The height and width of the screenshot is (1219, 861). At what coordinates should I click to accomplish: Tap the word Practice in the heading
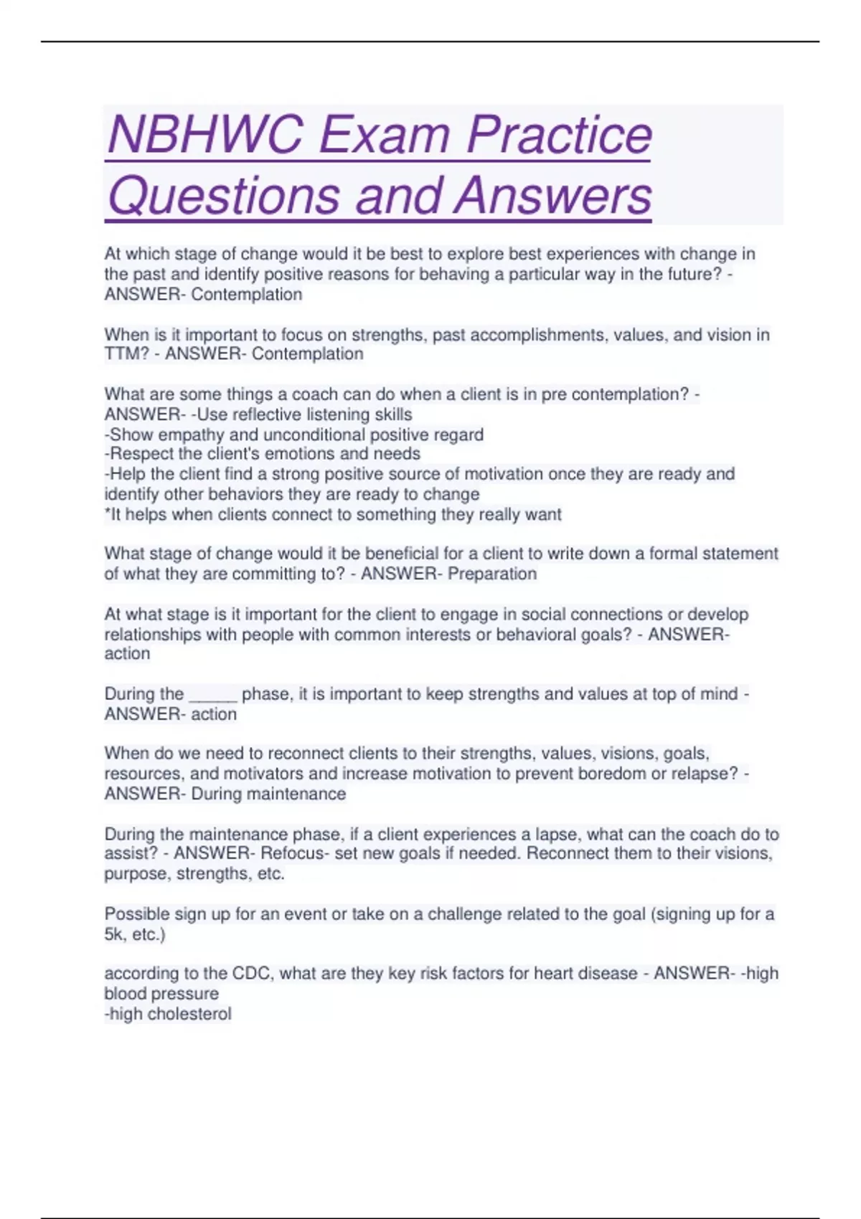pos(559,134)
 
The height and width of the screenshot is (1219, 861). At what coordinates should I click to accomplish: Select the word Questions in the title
pos(223,195)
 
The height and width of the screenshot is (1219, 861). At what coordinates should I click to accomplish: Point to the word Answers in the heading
pos(552,195)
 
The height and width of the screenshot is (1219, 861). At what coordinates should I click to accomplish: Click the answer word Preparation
pos(492,574)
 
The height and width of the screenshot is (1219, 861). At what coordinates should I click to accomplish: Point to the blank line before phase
pos(212,695)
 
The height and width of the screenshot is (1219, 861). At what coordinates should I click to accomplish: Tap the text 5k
pos(114,934)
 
